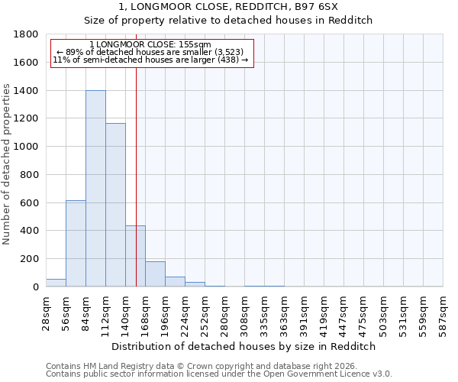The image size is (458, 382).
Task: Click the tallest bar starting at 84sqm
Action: click(95, 188)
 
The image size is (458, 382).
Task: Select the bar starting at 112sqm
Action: click(115, 205)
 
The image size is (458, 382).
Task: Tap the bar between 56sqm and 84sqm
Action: click(76, 243)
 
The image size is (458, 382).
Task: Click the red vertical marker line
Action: click(136, 168)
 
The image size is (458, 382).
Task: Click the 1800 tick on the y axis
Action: click(27, 34)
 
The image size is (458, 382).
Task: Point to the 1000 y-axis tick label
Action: click(27, 147)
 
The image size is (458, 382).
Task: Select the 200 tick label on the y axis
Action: click(30, 259)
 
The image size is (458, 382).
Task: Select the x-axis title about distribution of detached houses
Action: click(244, 346)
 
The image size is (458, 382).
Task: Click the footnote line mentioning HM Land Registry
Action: click(195, 366)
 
